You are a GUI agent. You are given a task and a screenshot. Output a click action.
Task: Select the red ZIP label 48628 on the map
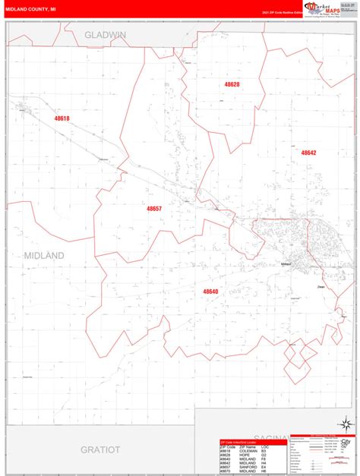coord(232,84)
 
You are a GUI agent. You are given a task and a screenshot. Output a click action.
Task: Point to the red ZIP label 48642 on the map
coord(308,153)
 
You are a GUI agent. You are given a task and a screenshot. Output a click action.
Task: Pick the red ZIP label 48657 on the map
coord(154,208)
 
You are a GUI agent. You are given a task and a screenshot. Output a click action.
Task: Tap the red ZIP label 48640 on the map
coord(210,291)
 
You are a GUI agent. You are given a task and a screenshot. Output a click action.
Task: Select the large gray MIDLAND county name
coord(44,255)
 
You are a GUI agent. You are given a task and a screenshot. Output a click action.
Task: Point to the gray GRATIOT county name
coord(101,450)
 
